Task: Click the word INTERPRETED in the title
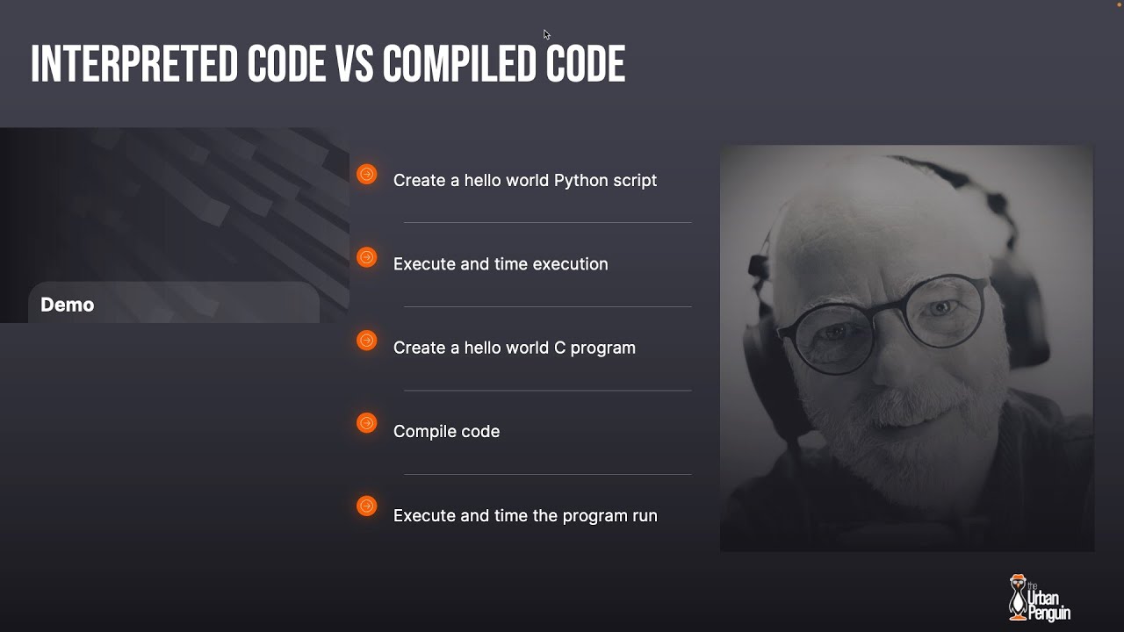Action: [x=133, y=64]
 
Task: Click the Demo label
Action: [x=67, y=305]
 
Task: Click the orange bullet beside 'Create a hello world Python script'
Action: [x=367, y=175]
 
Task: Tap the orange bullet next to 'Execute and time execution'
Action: [x=367, y=257]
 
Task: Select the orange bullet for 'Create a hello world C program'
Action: [x=367, y=341]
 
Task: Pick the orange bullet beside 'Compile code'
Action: [x=367, y=423]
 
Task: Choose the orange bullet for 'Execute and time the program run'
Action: [x=367, y=506]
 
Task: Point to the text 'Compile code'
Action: [x=446, y=431]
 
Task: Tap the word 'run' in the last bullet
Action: [x=645, y=515]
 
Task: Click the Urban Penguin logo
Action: [x=1039, y=598]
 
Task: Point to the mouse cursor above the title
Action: [x=546, y=34]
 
